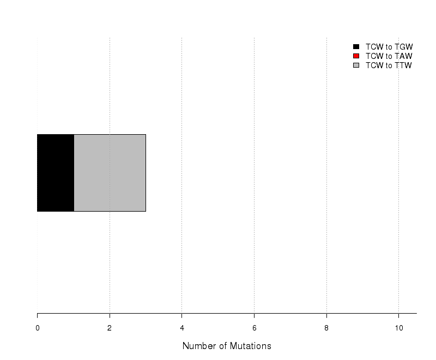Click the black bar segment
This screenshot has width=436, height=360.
click(x=56, y=173)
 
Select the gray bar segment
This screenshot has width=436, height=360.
click(x=110, y=173)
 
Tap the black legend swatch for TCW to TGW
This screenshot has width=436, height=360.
click(x=356, y=47)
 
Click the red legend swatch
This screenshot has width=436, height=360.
click(x=356, y=56)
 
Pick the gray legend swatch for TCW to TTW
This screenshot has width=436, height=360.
click(x=356, y=65)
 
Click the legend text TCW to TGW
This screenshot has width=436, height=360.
click(x=389, y=47)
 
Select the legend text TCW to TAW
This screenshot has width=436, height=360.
click(x=389, y=56)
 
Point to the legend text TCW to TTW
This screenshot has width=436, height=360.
click(x=389, y=65)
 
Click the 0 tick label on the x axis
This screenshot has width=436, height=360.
click(x=38, y=328)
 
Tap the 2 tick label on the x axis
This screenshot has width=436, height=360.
click(x=110, y=328)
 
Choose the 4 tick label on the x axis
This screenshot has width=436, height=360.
click(x=182, y=328)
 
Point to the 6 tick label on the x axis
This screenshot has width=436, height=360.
click(x=254, y=328)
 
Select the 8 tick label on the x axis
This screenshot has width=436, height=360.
click(x=326, y=328)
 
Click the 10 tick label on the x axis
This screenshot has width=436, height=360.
click(x=399, y=328)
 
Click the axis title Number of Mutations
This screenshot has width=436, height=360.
click(x=227, y=346)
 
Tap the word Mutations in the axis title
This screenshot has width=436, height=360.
click(x=251, y=346)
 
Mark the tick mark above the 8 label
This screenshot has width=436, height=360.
click(x=326, y=315)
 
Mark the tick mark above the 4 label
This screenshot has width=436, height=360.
click(x=182, y=315)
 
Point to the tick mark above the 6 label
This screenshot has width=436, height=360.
click(x=254, y=315)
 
